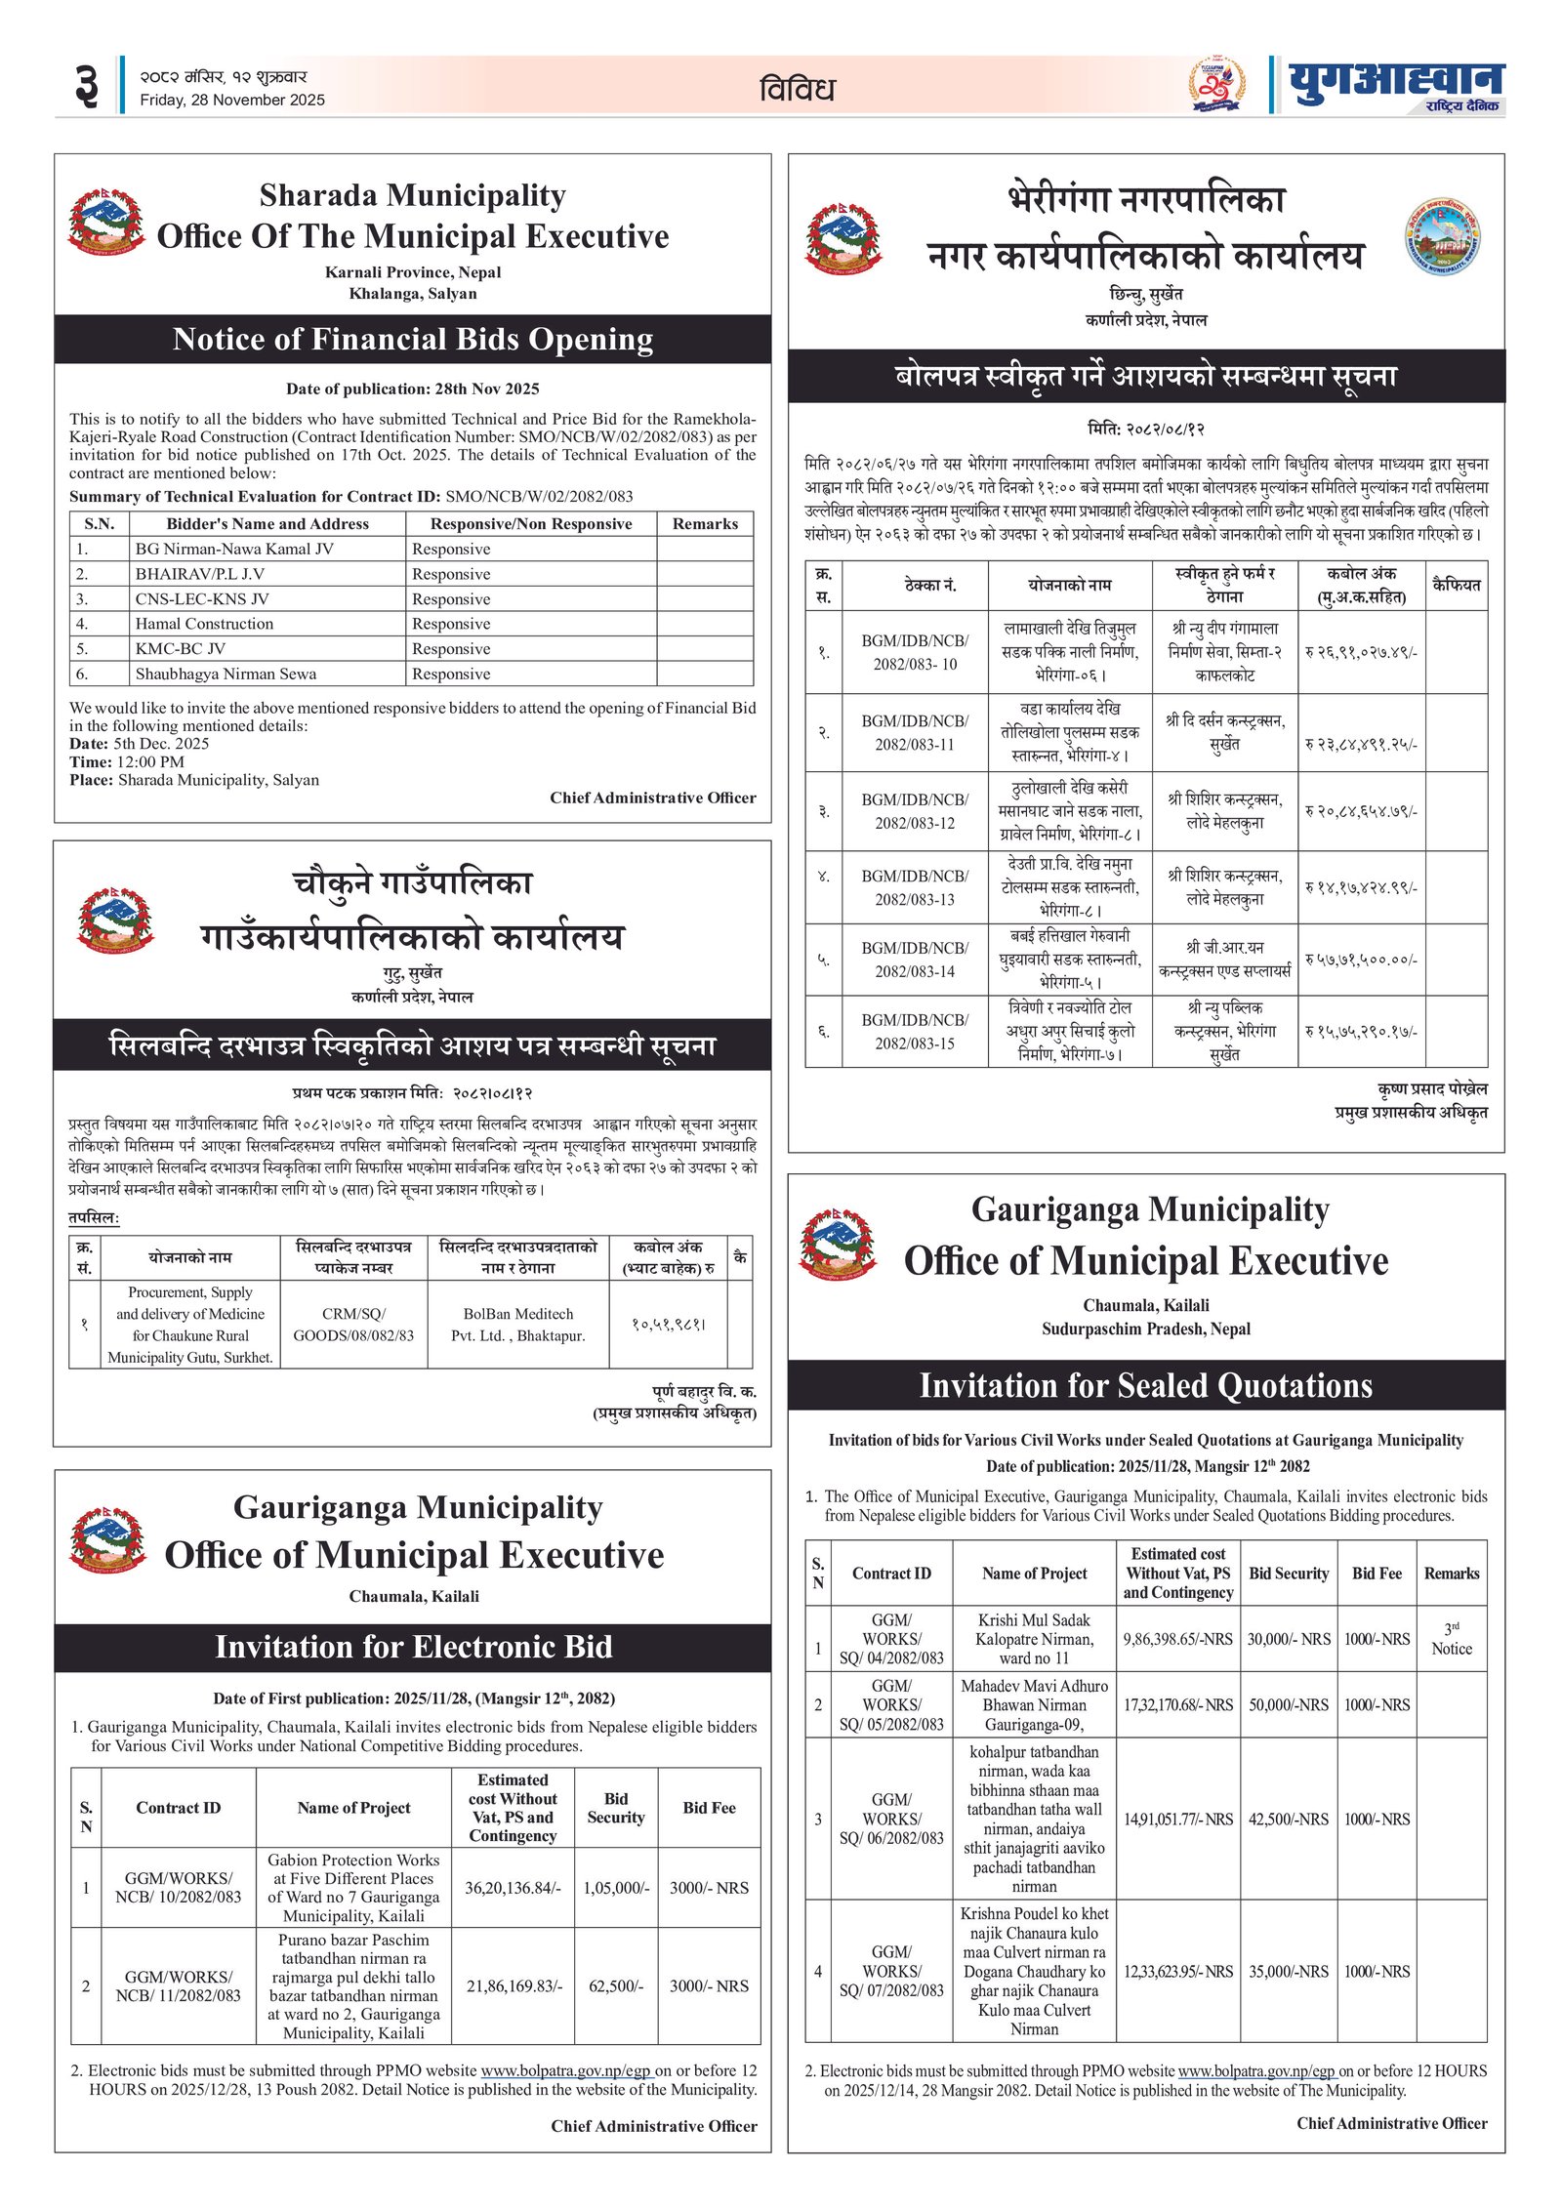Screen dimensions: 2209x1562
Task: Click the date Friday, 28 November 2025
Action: tap(231, 100)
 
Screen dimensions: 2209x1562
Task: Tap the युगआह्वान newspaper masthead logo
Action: tap(1395, 86)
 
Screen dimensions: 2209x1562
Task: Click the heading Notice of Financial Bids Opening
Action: tap(412, 339)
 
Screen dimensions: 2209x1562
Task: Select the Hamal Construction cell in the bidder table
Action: tap(204, 624)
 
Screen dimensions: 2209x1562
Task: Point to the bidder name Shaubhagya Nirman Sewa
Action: tap(226, 674)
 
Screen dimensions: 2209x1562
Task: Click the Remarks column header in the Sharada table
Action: tap(705, 523)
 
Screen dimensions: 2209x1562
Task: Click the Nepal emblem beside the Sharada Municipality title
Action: tap(106, 224)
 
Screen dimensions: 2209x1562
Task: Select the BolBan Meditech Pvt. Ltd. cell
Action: tap(517, 1325)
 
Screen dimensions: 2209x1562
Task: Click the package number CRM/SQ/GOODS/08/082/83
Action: tap(353, 1325)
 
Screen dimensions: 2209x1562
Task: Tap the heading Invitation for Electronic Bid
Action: tap(413, 1647)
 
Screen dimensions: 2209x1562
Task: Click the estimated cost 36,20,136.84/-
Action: tap(513, 1888)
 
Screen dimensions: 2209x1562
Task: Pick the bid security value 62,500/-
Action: tap(615, 1985)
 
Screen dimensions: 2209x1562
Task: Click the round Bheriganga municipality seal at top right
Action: tap(1442, 237)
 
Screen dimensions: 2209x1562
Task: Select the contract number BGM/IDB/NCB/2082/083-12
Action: tap(915, 811)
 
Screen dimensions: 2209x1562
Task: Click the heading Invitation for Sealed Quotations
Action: tap(1145, 1385)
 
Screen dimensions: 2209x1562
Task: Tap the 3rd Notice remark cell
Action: tap(1451, 1639)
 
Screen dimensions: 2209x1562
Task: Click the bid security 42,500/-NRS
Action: tap(1289, 1819)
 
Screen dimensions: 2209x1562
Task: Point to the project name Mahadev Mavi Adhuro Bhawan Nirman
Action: tap(1034, 1704)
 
